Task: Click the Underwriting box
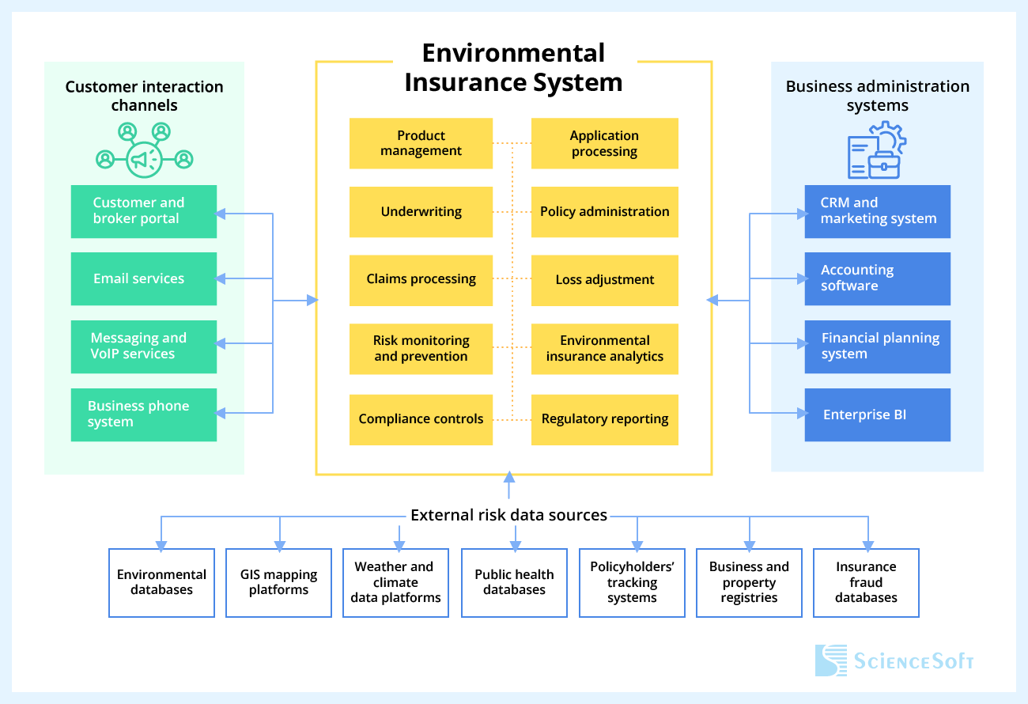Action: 421,212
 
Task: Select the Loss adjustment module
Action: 604,280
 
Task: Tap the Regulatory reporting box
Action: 604,419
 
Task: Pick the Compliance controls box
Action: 421,419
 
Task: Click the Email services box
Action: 143,278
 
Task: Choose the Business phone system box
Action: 143,414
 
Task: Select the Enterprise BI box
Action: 877,414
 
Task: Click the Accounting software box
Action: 877,278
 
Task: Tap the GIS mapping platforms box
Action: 278,582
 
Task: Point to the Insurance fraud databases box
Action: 866,582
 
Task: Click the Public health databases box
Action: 514,582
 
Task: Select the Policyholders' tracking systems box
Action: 632,582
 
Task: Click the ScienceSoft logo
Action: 894,660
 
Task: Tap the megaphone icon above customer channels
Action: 144,159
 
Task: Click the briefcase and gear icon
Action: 877,150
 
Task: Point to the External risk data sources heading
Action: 508,515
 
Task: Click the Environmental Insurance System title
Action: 513,68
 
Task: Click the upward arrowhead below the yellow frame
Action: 509,477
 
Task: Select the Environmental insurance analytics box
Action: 604,348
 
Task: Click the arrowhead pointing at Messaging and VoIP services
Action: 221,344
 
